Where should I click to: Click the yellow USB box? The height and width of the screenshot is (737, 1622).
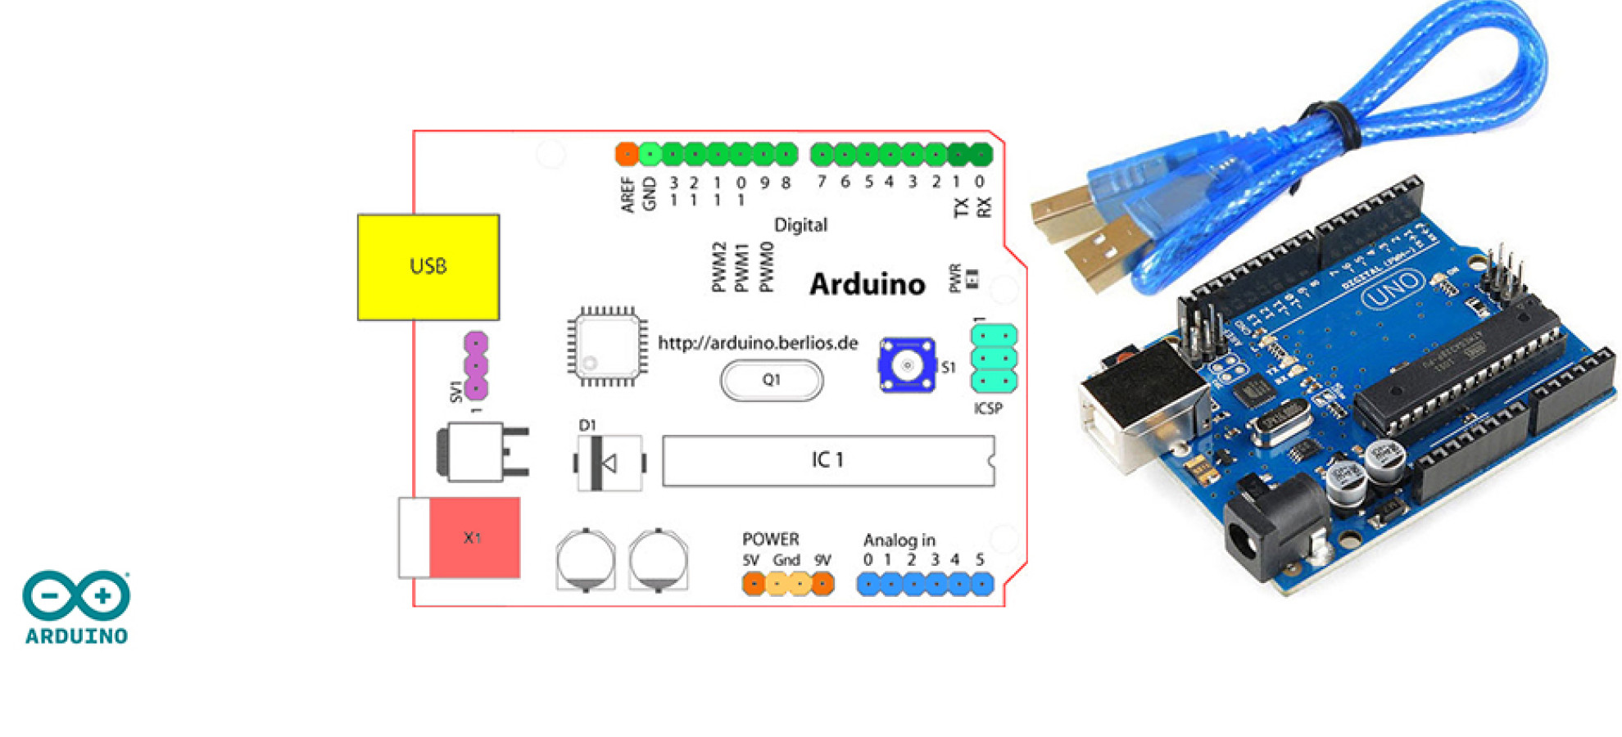point(428,267)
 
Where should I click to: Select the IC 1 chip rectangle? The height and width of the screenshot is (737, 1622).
point(828,461)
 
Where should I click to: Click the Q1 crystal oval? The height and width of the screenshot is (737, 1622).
point(771,381)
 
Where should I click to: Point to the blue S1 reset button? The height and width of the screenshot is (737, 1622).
point(906,365)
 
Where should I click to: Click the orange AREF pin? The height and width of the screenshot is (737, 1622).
point(627,153)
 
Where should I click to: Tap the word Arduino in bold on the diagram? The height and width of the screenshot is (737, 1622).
point(868,284)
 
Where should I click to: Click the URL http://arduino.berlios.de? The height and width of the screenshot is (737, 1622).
point(758,343)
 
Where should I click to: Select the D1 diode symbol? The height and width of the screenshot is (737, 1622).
point(609,463)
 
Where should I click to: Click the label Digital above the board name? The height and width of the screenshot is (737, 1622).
point(800,225)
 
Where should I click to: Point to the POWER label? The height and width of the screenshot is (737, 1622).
point(770,540)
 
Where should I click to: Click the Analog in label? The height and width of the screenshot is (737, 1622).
point(899,540)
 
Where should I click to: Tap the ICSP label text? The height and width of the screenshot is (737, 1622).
point(988,409)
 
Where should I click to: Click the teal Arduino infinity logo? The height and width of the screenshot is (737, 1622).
point(76,595)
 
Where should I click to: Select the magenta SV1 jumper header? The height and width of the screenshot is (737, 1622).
point(476,365)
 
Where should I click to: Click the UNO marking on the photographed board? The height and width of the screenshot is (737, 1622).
point(1393,288)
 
